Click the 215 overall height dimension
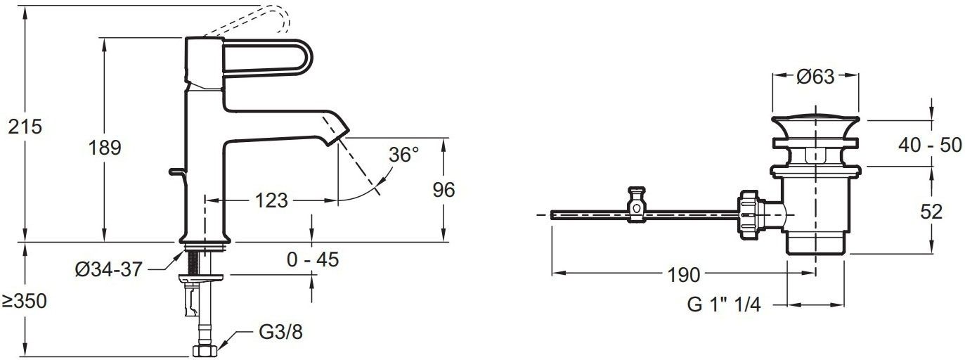click(x=25, y=127)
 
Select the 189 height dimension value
click(x=105, y=148)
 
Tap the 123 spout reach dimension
click(x=271, y=200)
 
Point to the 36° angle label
click(x=403, y=155)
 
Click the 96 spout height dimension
click(x=443, y=190)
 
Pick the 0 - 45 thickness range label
click(x=313, y=259)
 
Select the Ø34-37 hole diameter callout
click(x=108, y=270)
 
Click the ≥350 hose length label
click(x=24, y=302)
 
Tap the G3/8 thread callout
click(x=281, y=332)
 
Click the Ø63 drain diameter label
click(x=815, y=77)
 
